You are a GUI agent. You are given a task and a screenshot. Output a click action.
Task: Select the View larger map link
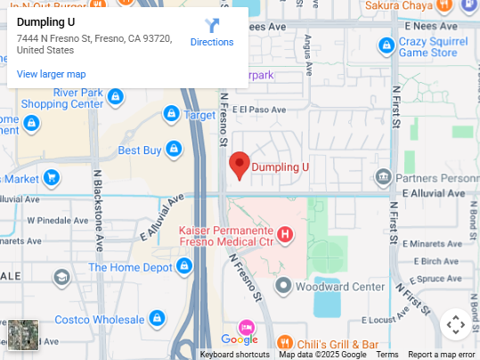(x=51, y=74)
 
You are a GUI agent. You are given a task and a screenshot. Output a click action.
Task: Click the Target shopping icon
(x=171, y=114)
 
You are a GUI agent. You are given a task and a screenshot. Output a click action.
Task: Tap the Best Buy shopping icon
(x=174, y=150)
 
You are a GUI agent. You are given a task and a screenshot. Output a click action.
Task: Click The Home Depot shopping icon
(x=184, y=266)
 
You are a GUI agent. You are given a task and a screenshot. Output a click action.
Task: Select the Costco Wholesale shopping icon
(x=157, y=318)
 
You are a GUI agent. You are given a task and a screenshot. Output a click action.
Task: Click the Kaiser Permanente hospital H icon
(x=285, y=235)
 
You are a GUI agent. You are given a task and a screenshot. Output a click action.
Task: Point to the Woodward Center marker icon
(x=283, y=286)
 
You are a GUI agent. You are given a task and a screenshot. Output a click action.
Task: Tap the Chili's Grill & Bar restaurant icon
(x=284, y=343)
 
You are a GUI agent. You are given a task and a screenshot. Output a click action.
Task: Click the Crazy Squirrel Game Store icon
(x=386, y=45)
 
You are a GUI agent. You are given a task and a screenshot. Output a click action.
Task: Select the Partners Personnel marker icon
(x=383, y=176)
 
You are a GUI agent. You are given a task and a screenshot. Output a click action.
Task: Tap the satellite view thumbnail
(x=23, y=335)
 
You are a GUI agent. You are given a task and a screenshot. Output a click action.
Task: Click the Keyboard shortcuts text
(x=234, y=355)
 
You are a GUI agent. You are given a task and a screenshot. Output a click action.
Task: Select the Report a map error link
(x=442, y=355)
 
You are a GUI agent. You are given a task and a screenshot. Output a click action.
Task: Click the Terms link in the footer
(x=386, y=355)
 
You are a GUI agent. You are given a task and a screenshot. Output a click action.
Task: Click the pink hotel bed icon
(x=246, y=325)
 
